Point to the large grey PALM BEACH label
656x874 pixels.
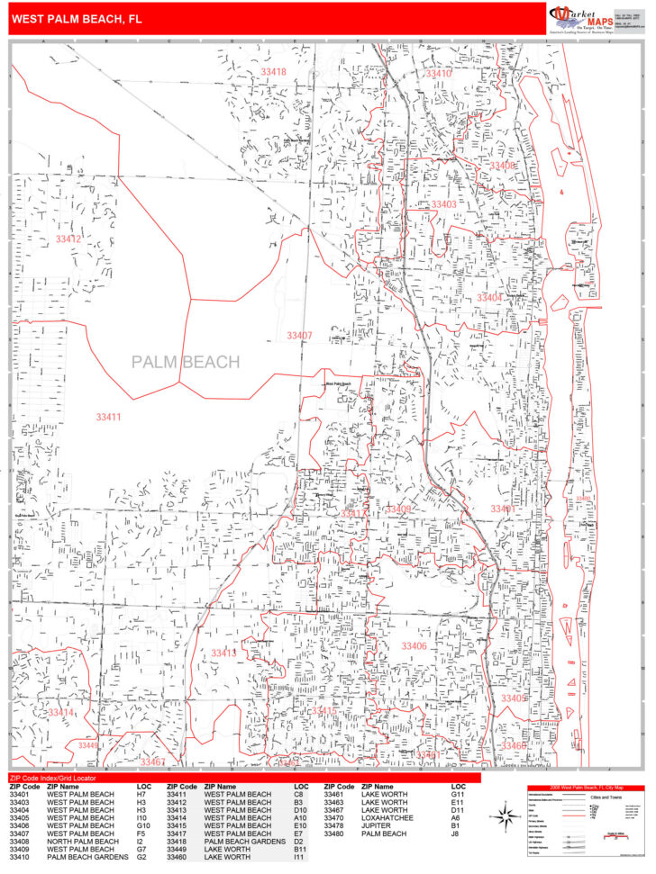186,362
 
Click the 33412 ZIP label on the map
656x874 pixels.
68,239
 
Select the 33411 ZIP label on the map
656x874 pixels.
108,417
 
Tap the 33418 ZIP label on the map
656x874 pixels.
273,72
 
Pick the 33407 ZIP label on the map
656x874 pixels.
299,335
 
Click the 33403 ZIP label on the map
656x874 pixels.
443,204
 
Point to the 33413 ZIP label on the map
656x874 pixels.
224,653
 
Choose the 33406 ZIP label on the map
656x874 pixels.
414,646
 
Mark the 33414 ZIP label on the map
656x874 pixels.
61,712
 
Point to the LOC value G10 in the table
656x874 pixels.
143,825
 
